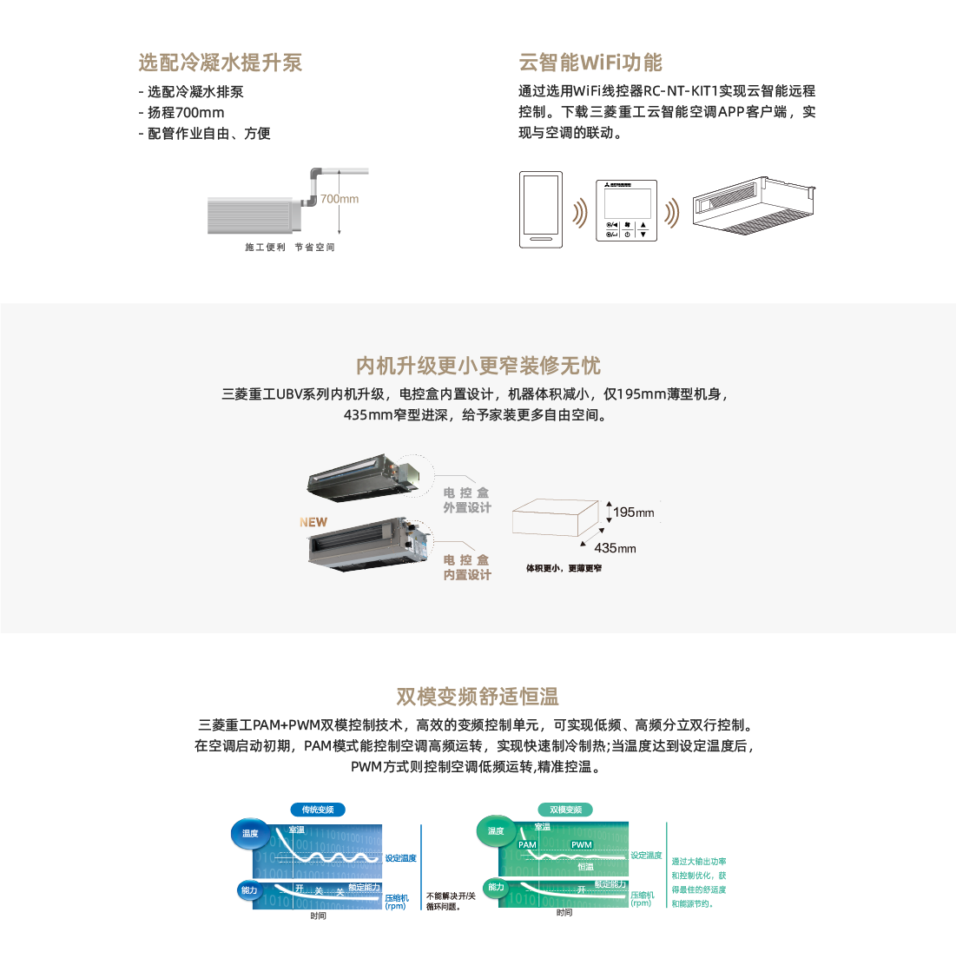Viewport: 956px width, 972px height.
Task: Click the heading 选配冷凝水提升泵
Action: (221, 63)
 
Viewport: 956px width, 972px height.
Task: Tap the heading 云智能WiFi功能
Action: (590, 63)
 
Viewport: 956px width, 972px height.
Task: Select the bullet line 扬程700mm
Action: (185, 112)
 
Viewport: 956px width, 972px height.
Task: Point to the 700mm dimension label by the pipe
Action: (340, 199)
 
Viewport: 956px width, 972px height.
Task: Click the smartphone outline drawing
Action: (541, 209)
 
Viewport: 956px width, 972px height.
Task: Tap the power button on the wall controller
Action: (627, 235)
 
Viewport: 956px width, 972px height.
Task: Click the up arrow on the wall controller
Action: (643, 225)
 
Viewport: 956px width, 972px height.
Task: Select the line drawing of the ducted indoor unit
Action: (754, 205)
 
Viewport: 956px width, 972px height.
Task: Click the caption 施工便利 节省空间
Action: (290, 248)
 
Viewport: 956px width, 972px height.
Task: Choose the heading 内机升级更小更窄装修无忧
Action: (478, 366)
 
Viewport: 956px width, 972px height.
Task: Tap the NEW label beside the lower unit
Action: (313, 522)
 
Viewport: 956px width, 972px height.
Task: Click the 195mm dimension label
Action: (634, 512)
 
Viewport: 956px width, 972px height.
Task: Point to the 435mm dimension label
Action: (616, 548)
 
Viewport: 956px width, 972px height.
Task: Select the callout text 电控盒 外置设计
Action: (467, 500)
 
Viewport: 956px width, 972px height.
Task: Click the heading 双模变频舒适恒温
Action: (478, 697)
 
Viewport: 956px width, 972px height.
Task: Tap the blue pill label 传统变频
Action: (318, 810)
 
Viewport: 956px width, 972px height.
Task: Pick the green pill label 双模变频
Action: (565, 810)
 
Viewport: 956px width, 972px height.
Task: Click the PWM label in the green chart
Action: (582, 844)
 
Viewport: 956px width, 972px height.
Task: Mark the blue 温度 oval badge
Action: (250, 834)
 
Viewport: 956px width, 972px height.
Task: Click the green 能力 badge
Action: (496, 887)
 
